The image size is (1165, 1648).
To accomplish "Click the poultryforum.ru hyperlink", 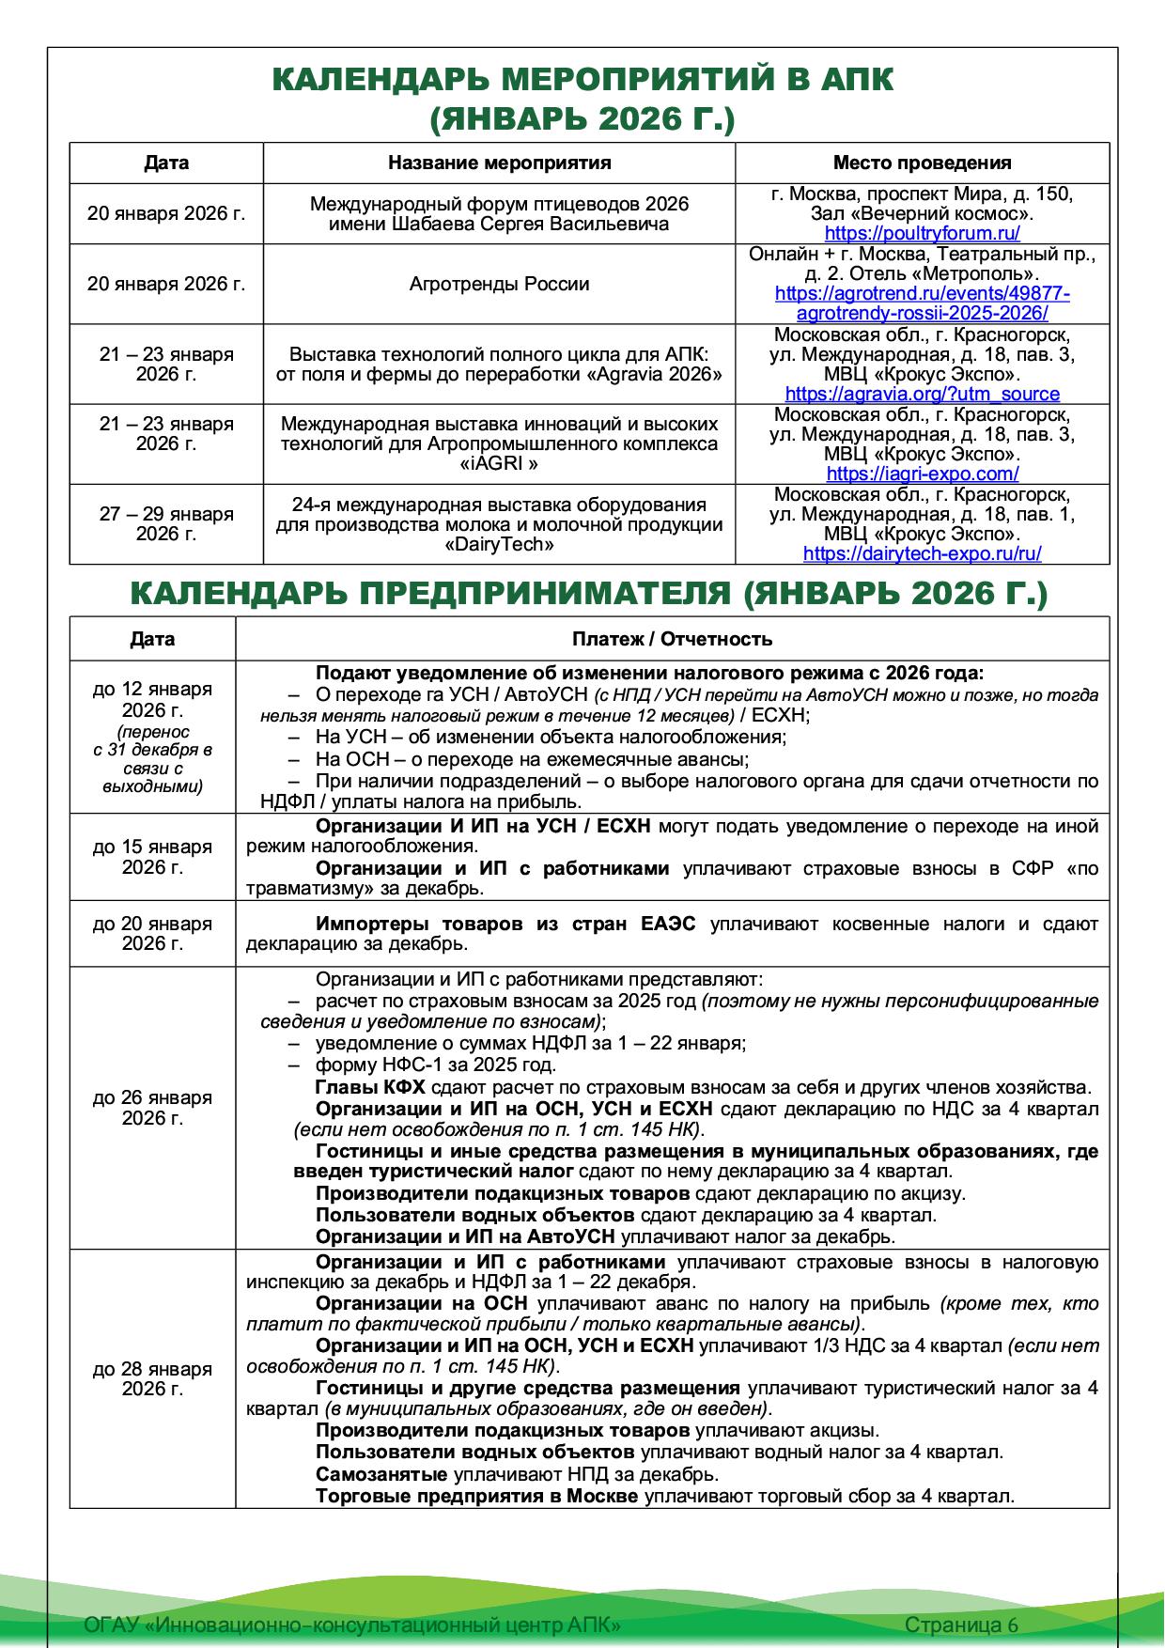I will pyautogui.click(x=922, y=234).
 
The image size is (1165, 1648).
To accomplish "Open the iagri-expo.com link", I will pyautogui.click(x=922, y=474).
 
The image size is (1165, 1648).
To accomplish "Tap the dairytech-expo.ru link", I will pyautogui.click(x=922, y=554).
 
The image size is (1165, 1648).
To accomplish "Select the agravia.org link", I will pyautogui.click(x=922, y=395).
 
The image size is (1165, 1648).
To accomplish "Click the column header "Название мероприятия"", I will pyautogui.click(x=499, y=163).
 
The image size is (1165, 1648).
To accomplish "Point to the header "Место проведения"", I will pyautogui.click(x=922, y=163).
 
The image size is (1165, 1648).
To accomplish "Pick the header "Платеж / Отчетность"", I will pyautogui.click(x=672, y=639).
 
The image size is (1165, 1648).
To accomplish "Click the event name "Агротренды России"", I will pyautogui.click(x=499, y=284).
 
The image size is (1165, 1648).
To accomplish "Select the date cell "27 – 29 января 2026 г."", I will pyautogui.click(x=166, y=523).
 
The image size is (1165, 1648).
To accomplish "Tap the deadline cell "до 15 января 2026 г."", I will pyautogui.click(x=152, y=857).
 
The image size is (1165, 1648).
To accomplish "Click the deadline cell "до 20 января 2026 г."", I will pyautogui.click(x=152, y=934).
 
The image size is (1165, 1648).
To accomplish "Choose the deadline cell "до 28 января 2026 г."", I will pyautogui.click(x=152, y=1378).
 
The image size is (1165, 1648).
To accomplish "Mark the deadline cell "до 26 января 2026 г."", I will pyautogui.click(x=152, y=1108).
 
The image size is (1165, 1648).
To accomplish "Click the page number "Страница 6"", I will pyautogui.click(x=961, y=1625).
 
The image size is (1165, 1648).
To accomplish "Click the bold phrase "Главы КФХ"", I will pyautogui.click(x=370, y=1087).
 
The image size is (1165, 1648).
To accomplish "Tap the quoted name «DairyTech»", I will pyautogui.click(x=499, y=545).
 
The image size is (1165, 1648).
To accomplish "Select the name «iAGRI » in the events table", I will pyautogui.click(x=499, y=464).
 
